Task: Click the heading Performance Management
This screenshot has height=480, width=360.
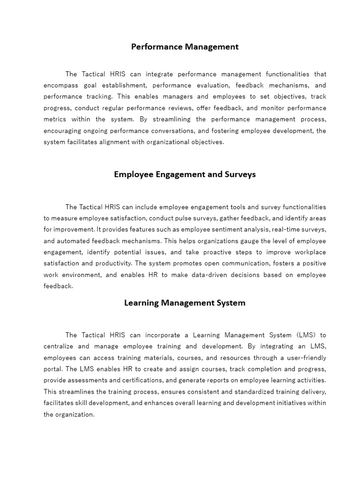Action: (x=185, y=47)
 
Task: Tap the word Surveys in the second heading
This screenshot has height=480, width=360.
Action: (x=239, y=174)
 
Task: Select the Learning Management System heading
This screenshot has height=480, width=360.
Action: (x=185, y=303)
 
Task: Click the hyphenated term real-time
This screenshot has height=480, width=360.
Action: (x=268, y=230)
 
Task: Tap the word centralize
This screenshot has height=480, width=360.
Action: (x=60, y=346)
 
